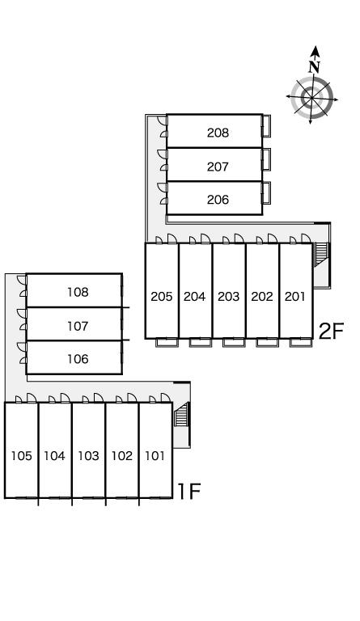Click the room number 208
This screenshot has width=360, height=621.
click(218, 133)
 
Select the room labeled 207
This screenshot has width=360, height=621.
click(218, 167)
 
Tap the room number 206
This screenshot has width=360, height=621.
click(218, 200)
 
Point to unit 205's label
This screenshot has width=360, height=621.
click(162, 297)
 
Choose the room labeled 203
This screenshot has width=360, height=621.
click(228, 297)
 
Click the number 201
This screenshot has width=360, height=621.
click(295, 296)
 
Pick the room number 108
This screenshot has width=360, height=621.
click(78, 292)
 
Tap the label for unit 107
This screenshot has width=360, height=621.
click(78, 327)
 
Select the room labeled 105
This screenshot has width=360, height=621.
click(21, 456)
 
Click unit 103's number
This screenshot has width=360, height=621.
click(88, 456)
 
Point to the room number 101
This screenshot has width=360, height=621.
click(155, 456)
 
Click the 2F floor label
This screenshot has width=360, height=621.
click(331, 331)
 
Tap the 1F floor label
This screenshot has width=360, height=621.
click(189, 492)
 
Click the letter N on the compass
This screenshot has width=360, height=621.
click(315, 67)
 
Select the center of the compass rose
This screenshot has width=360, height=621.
click(311, 97)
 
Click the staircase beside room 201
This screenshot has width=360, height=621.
click(321, 254)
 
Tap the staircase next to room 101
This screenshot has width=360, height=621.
click(181, 414)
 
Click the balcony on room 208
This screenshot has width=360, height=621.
click(266, 126)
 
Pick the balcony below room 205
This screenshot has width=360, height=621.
click(167, 343)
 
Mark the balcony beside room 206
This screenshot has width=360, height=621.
click(266, 193)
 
